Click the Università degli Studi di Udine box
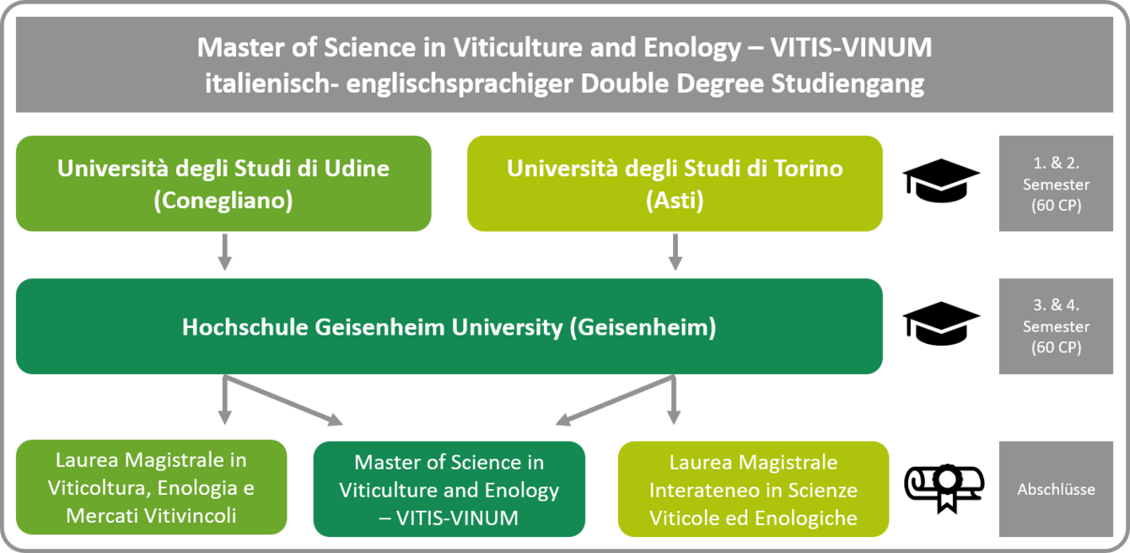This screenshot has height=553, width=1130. (223, 184)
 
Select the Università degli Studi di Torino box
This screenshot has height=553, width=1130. (675, 184)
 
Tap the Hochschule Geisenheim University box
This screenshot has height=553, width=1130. (449, 327)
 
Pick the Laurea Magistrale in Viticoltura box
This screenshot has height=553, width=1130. (151, 487)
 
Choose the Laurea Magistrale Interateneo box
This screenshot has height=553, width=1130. (753, 489)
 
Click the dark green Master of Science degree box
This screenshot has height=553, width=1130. (449, 489)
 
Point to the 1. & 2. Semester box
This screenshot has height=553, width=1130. (1056, 184)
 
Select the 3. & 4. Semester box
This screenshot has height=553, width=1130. (1056, 327)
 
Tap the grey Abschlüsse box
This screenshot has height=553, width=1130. (1056, 489)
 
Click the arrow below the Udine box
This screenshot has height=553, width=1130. (224, 253)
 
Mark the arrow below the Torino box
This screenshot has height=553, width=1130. (674, 253)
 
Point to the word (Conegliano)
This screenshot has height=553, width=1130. (223, 201)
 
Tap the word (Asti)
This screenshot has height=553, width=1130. (675, 201)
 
